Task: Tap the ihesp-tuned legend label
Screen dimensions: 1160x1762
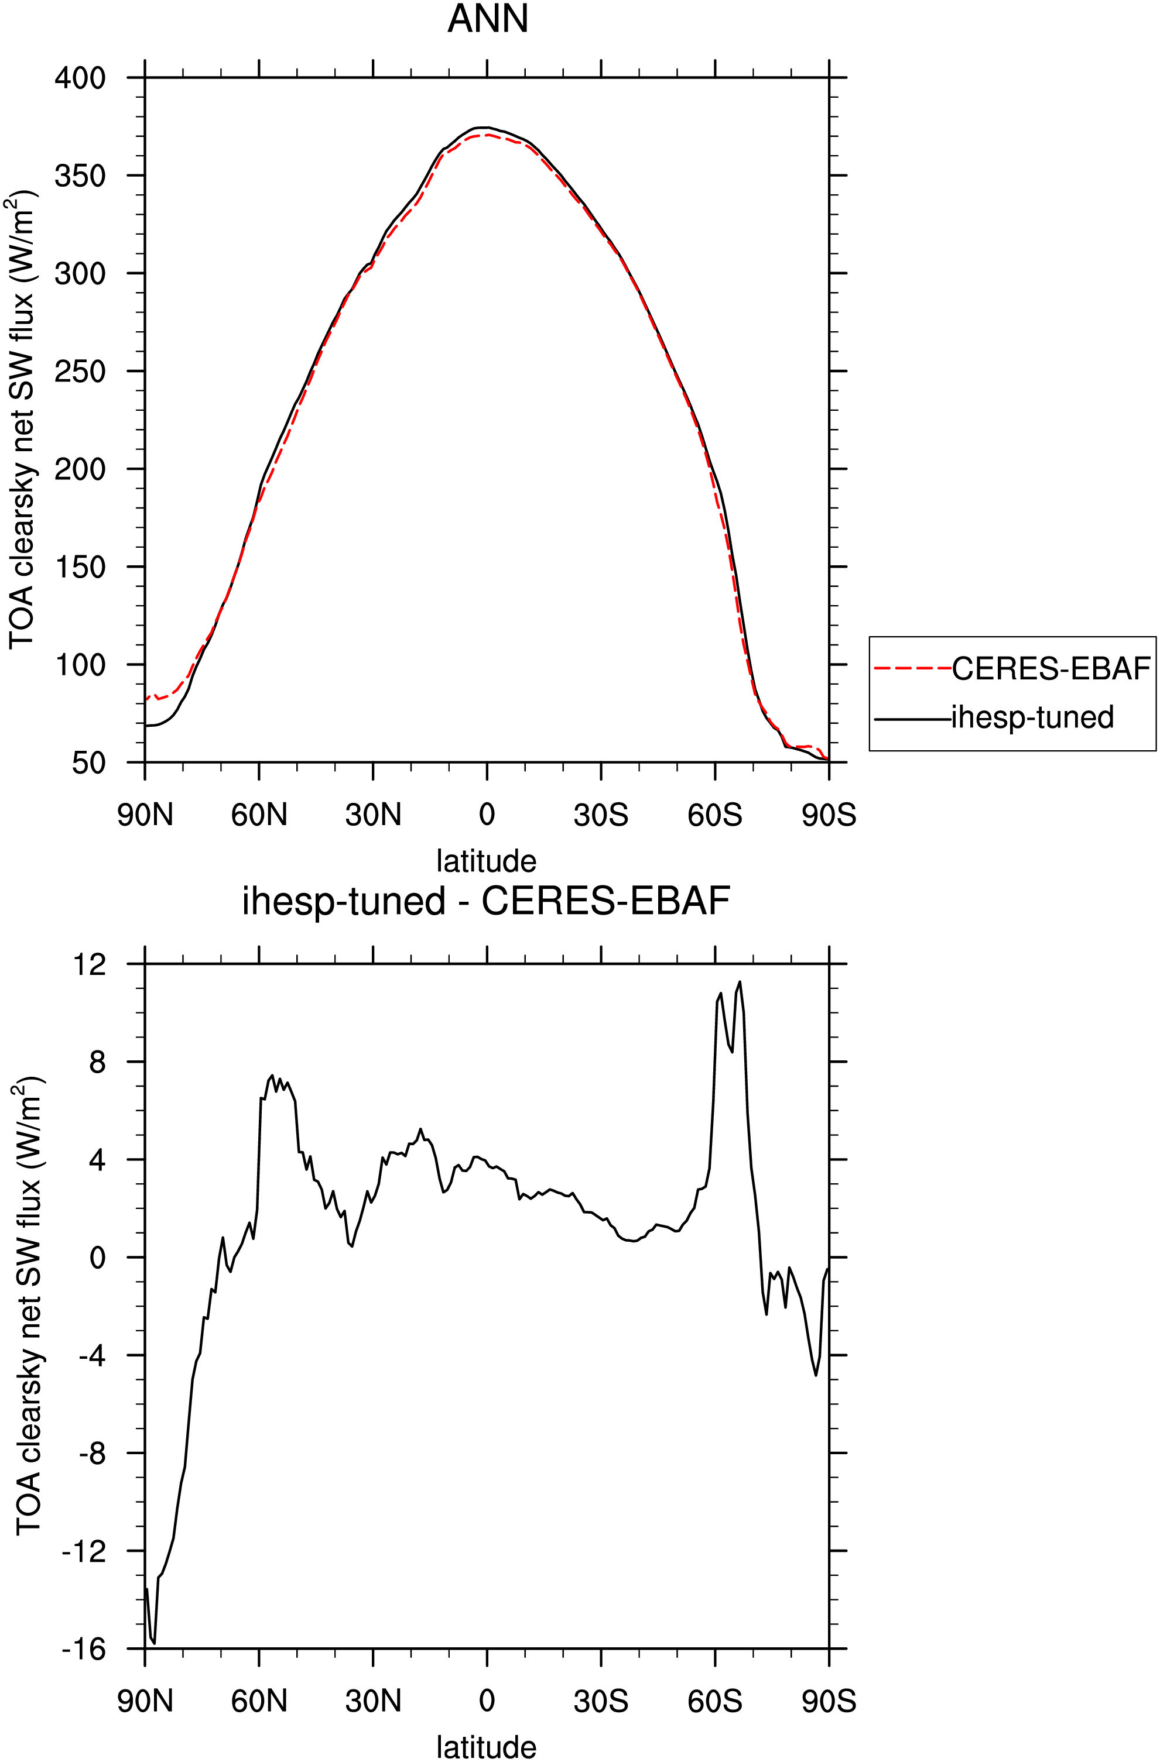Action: pyautogui.click(x=1032, y=717)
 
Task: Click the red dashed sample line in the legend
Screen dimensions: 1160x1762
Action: pyautogui.click(x=912, y=668)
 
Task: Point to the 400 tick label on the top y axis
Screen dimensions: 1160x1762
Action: pyautogui.click(x=80, y=78)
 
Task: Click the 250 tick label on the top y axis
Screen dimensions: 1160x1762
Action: pyautogui.click(x=80, y=371)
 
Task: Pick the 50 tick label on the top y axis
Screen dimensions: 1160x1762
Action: pyautogui.click(x=89, y=762)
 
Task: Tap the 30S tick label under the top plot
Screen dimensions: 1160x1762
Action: pyautogui.click(x=601, y=815)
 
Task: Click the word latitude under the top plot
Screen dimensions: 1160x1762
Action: pyautogui.click(x=486, y=861)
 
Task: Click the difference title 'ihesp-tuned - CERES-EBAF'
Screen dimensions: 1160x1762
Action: pyautogui.click(x=486, y=902)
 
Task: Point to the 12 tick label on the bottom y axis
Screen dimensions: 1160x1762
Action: pyautogui.click(x=89, y=964)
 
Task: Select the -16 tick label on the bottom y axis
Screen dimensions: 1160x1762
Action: pyautogui.click(x=84, y=1648)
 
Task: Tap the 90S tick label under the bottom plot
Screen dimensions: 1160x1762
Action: pyautogui.click(x=829, y=1702)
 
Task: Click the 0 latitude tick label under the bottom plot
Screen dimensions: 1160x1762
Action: pyautogui.click(x=487, y=1702)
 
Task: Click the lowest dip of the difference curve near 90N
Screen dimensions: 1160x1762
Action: pyautogui.click(x=154, y=1643)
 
